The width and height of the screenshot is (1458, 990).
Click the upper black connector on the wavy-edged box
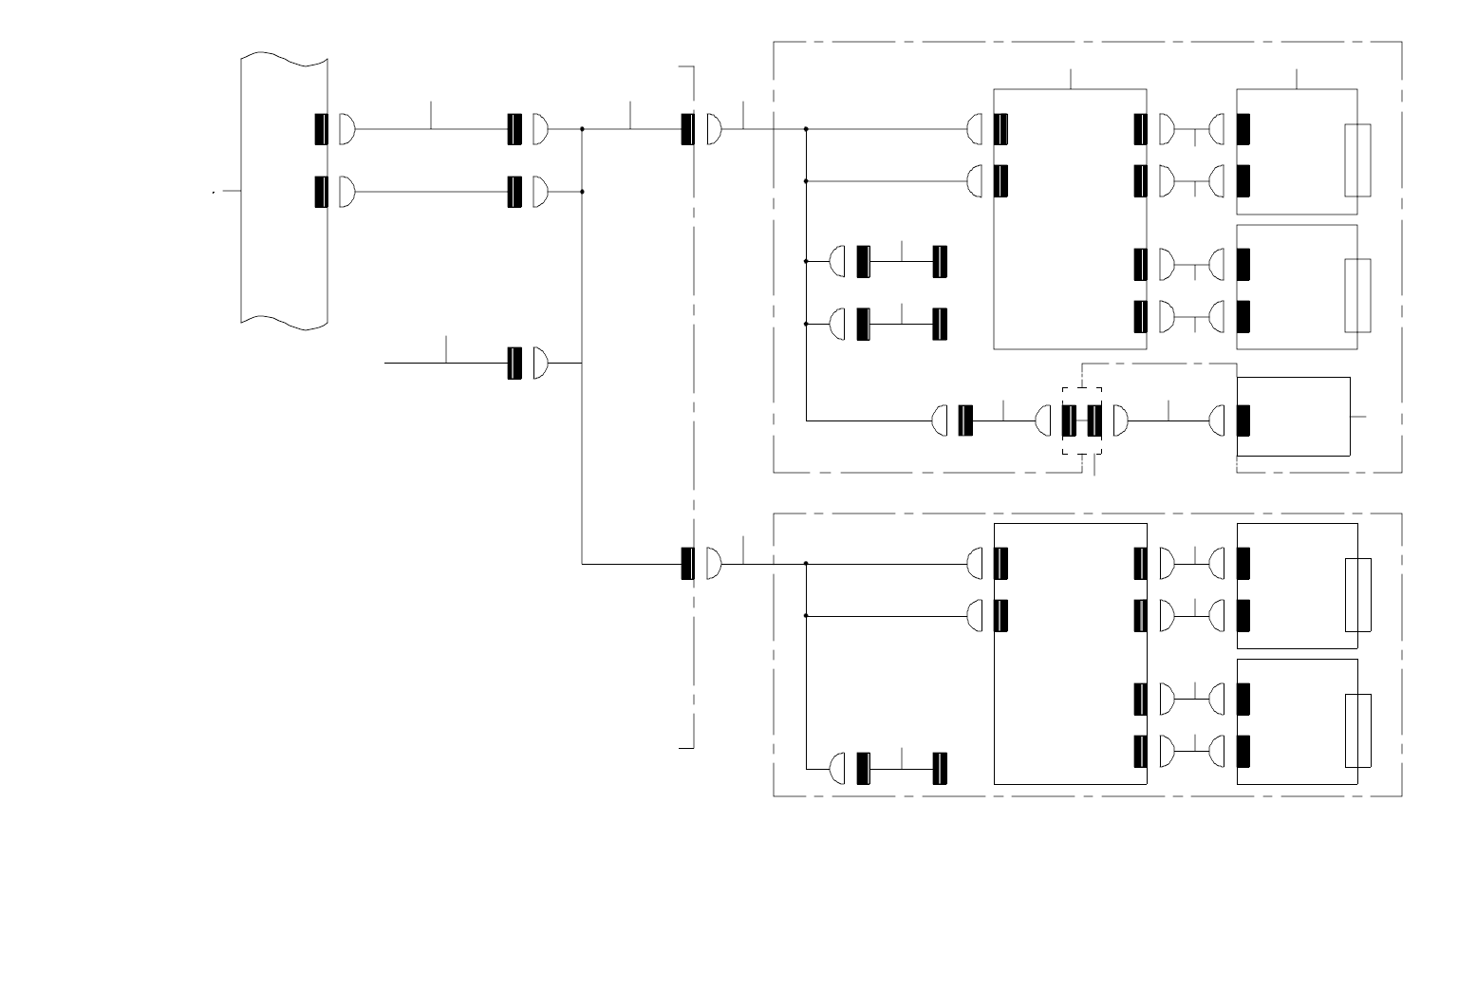coord(321,129)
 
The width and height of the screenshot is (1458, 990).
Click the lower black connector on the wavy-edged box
coord(321,192)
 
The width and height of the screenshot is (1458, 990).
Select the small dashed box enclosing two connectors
coord(1082,420)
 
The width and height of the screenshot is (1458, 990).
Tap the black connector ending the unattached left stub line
coord(514,363)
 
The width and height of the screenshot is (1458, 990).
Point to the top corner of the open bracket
coord(694,67)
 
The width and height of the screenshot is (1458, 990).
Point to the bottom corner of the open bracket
coord(694,748)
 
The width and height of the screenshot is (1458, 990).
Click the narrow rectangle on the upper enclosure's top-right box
coord(1357,160)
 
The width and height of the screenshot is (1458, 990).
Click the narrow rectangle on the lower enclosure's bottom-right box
coord(1358,731)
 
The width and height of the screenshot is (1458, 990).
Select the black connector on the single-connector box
coord(1243,420)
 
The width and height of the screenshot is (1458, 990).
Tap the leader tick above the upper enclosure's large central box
coord(1071,79)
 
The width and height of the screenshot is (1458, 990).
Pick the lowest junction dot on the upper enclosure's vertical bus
coord(806,324)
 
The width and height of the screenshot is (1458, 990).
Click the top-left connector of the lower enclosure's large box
coord(1000,564)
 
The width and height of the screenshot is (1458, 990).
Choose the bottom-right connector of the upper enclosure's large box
coord(1140,316)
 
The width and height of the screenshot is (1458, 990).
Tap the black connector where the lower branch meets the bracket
coord(687,564)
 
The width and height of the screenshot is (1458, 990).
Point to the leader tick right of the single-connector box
coord(1358,416)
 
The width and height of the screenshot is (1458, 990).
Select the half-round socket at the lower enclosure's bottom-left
coord(837,768)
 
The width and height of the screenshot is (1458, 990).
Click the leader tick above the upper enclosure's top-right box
coord(1298,79)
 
